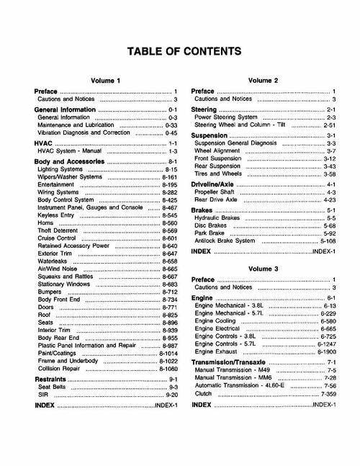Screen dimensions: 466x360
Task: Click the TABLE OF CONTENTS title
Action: tap(184, 52)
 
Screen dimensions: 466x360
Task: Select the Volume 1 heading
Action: tap(106, 80)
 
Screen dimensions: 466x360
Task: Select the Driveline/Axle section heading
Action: tap(215, 185)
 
